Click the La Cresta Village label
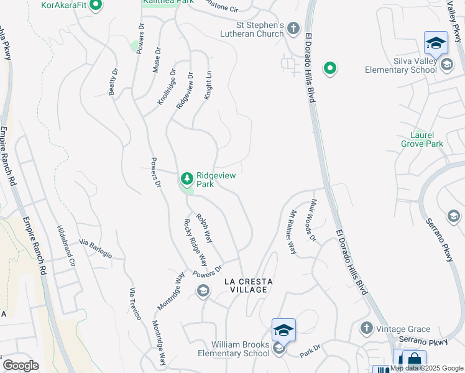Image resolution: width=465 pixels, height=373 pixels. coord(249,285)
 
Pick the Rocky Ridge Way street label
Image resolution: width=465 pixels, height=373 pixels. coord(196,242)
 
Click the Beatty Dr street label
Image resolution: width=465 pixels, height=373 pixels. coord(113,82)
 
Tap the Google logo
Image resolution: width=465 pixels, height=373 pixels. coord(21,366)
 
